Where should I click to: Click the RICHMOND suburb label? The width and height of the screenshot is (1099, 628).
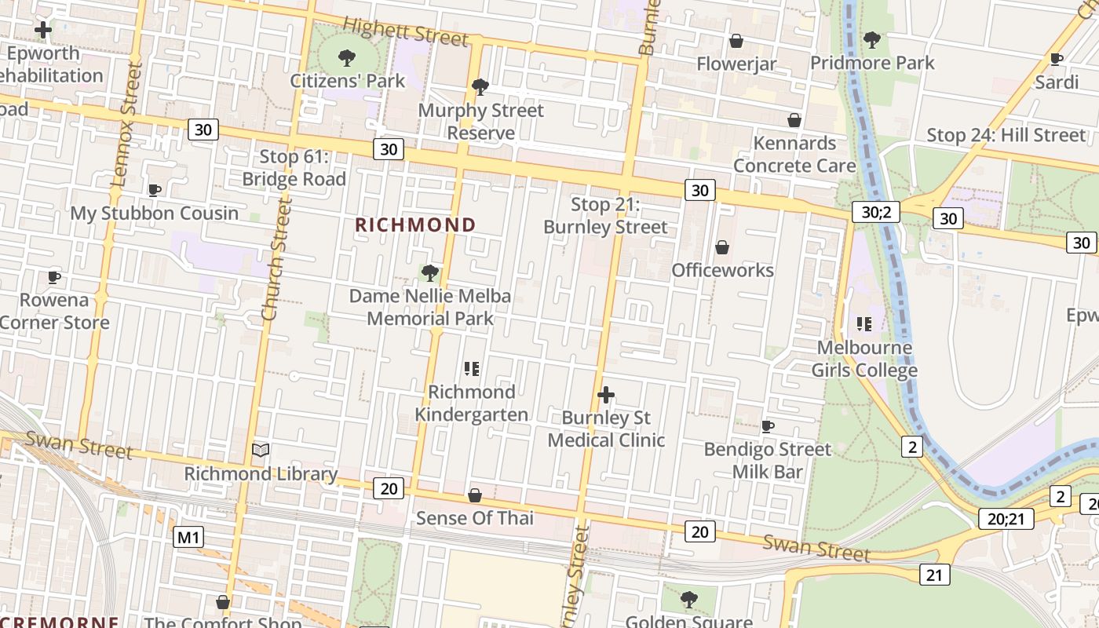(415, 225)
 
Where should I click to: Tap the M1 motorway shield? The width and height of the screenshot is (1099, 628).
(188, 537)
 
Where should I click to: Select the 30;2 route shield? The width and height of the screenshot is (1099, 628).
(876, 211)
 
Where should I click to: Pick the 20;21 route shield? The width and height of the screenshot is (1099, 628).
(1006, 518)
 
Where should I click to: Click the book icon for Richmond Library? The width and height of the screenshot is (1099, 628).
(261, 450)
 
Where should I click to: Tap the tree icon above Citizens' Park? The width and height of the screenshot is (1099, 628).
(346, 57)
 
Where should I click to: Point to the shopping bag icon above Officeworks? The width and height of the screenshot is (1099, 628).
(722, 247)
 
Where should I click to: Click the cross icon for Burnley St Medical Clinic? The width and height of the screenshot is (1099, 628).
(606, 395)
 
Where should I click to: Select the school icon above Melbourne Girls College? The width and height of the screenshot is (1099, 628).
(864, 323)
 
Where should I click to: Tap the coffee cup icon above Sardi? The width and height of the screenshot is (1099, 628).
(1057, 59)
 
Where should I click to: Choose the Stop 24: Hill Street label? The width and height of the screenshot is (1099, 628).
(1006, 135)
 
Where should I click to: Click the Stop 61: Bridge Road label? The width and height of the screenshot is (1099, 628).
(294, 168)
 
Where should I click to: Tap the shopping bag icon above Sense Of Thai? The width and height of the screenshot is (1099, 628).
(475, 495)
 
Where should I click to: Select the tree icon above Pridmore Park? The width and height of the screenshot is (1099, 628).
(871, 39)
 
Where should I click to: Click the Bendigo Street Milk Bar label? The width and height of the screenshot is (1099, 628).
(767, 460)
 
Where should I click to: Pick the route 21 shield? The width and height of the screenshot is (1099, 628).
(933, 575)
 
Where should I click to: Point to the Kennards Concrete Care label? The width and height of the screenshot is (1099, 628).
(794, 155)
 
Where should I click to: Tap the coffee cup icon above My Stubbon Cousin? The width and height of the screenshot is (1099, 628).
(155, 190)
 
